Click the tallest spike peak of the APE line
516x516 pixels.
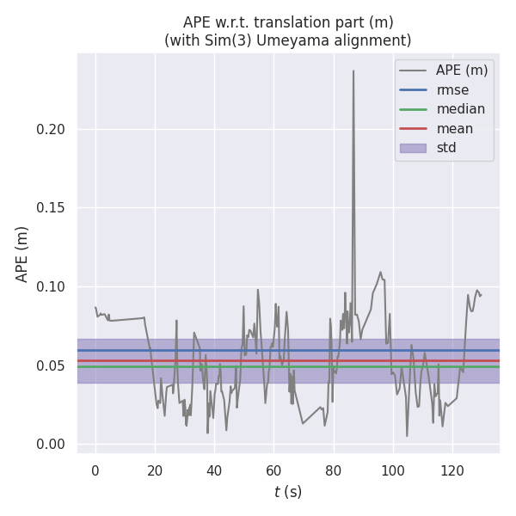[353, 71]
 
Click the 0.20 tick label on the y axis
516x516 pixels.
[52, 129]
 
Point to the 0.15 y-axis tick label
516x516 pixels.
[52, 208]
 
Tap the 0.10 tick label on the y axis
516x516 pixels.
[52, 286]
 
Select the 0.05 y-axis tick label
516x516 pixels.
[52, 365]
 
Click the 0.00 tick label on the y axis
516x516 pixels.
[52, 445]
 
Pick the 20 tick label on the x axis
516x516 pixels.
[155, 471]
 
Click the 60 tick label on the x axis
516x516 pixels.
[273, 471]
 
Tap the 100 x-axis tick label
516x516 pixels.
[392, 471]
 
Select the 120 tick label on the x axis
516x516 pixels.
[451, 471]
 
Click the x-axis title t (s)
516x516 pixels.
[288, 492]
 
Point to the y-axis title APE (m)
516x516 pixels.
[22, 254]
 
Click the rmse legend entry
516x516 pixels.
[452, 89]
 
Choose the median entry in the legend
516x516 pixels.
[460, 109]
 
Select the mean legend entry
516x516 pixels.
[454, 128]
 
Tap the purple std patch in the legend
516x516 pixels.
[413, 148]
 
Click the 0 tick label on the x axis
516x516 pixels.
[95, 471]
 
